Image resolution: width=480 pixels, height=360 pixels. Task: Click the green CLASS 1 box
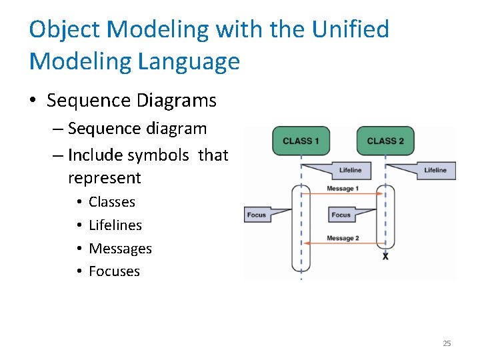tap(301, 141)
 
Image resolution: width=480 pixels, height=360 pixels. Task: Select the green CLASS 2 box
tap(385, 141)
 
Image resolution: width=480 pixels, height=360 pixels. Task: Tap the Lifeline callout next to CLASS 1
tap(350, 170)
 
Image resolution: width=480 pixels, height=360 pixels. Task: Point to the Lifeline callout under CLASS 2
tap(435, 170)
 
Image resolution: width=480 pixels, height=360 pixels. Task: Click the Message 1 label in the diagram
tap(343, 189)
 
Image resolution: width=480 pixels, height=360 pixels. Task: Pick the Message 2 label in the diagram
tap(343, 238)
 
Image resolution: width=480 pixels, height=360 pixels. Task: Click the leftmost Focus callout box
tap(257, 215)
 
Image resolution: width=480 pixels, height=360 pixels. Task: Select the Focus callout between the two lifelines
tap(341, 215)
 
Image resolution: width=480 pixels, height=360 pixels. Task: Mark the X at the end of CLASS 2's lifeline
tap(385, 256)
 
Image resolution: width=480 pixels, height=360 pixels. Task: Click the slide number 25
tap(447, 343)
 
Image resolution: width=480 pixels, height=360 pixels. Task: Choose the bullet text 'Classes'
tap(112, 202)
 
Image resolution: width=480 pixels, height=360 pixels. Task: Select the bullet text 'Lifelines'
tap(115, 225)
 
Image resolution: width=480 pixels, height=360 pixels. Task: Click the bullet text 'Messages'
tap(120, 249)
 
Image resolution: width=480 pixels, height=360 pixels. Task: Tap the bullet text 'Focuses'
tap(114, 271)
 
